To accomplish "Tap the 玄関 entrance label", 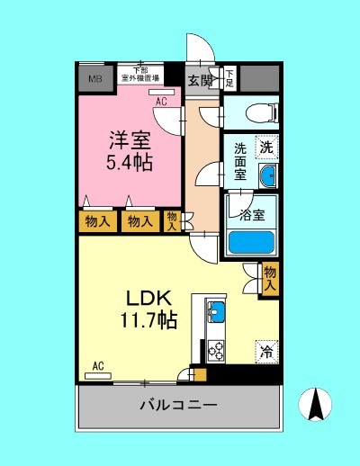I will click(x=200, y=79).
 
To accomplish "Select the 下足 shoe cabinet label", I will click(x=229, y=78).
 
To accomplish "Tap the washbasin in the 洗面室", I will click(x=267, y=175).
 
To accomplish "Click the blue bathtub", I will click(x=252, y=242).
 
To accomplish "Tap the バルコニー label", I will click(x=177, y=406).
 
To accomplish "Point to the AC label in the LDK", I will click(x=99, y=366).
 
